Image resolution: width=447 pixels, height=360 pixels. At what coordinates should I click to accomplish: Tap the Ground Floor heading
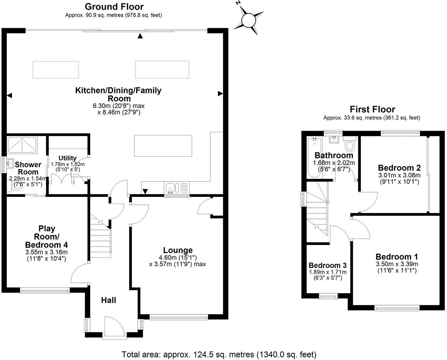(x=114, y=6)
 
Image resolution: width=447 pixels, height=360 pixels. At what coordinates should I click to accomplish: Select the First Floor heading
(x=372, y=109)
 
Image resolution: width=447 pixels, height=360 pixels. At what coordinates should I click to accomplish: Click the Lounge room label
(x=178, y=250)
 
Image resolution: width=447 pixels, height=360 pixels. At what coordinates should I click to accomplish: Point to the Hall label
(x=109, y=300)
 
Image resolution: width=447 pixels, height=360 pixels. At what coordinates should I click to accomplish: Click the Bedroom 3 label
(x=327, y=265)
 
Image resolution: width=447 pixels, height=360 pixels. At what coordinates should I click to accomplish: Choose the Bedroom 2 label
(x=399, y=168)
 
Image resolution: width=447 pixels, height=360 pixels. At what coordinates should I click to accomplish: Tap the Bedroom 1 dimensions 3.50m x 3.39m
(x=397, y=264)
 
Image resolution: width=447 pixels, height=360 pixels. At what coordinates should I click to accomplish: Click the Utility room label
(x=67, y=158)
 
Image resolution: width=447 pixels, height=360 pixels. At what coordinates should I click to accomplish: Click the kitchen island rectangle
(x=163, y=145)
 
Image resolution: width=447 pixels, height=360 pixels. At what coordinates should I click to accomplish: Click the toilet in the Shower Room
(x=16, y=185)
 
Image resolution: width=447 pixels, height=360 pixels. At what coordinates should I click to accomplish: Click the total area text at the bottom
(x=219, y=354)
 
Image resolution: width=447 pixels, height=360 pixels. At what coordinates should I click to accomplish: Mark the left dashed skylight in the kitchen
(x=56, y=70)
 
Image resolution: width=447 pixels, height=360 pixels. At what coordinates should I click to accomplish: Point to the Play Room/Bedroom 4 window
(x=45, y=290)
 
